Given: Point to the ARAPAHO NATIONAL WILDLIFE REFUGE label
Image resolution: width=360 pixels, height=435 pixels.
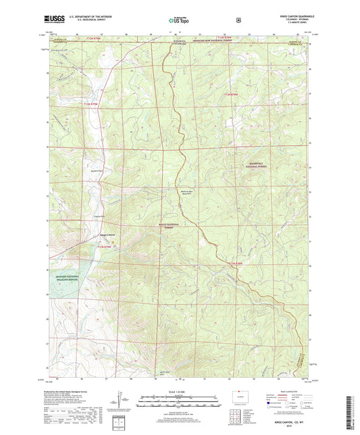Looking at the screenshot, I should (63, 277).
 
